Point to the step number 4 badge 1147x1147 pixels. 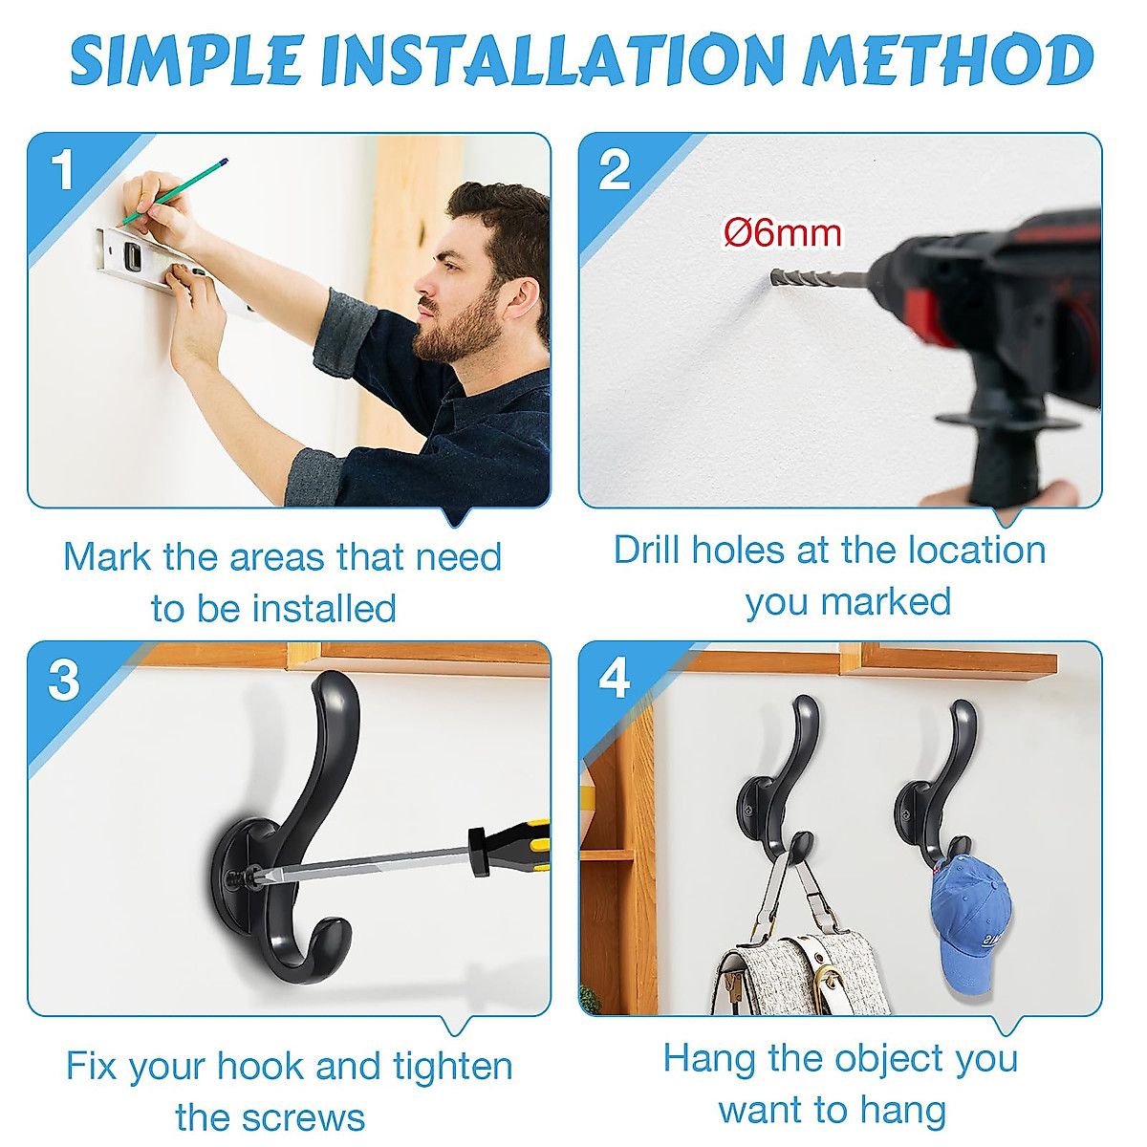coord(615,680)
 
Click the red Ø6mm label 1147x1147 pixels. coord(783,233)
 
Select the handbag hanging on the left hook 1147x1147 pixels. coord(798,965)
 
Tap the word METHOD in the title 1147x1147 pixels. coord(946,61)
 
